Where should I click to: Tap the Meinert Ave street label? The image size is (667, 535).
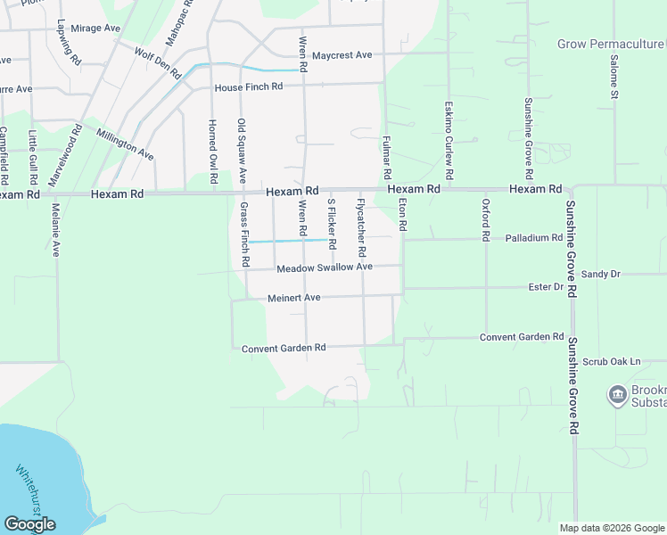coord(293,298)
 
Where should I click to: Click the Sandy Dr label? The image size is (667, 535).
coord(600,274)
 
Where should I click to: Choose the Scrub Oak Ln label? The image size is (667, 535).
coord(612,362)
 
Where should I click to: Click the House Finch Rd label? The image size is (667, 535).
coord(249,86)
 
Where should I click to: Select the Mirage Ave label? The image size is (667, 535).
coord(95,29)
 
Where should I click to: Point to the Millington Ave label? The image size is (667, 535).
coord(126,144)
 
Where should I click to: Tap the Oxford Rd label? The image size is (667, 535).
coord(487,221)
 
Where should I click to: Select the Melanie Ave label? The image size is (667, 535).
coord(55,230)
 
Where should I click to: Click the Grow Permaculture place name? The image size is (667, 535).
coord(611,43)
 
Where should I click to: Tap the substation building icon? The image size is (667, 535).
coord(616,394)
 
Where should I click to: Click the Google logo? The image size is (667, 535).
coord(29,523)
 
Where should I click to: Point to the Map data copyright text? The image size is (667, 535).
coord(612,528)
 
